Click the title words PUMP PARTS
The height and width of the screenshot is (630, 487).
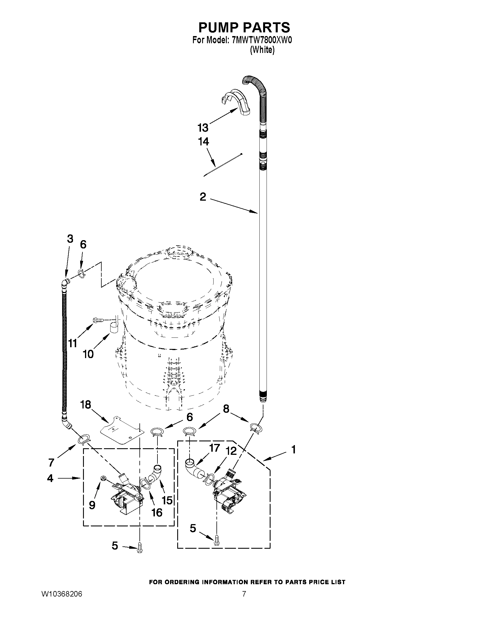(x=244, y=27)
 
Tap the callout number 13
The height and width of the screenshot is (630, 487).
(x=203, y=127)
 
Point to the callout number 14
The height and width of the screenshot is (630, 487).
(x=203, y=142)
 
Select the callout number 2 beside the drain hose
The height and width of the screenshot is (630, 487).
(x=203, y=197)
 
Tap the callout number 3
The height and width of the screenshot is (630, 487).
(x=70, y=239)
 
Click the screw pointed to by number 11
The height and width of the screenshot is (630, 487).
(x=98, y=320)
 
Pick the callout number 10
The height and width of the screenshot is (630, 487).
(x=88, y=354)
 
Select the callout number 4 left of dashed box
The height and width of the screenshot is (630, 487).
(x=50, y=478)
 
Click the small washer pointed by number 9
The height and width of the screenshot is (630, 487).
(x=103, y=479)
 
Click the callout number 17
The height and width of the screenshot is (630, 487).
(x=215, y=448)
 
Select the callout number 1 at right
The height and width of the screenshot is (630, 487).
(x=293, y=450)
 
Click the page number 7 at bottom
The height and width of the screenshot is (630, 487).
(x=244, y=594)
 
